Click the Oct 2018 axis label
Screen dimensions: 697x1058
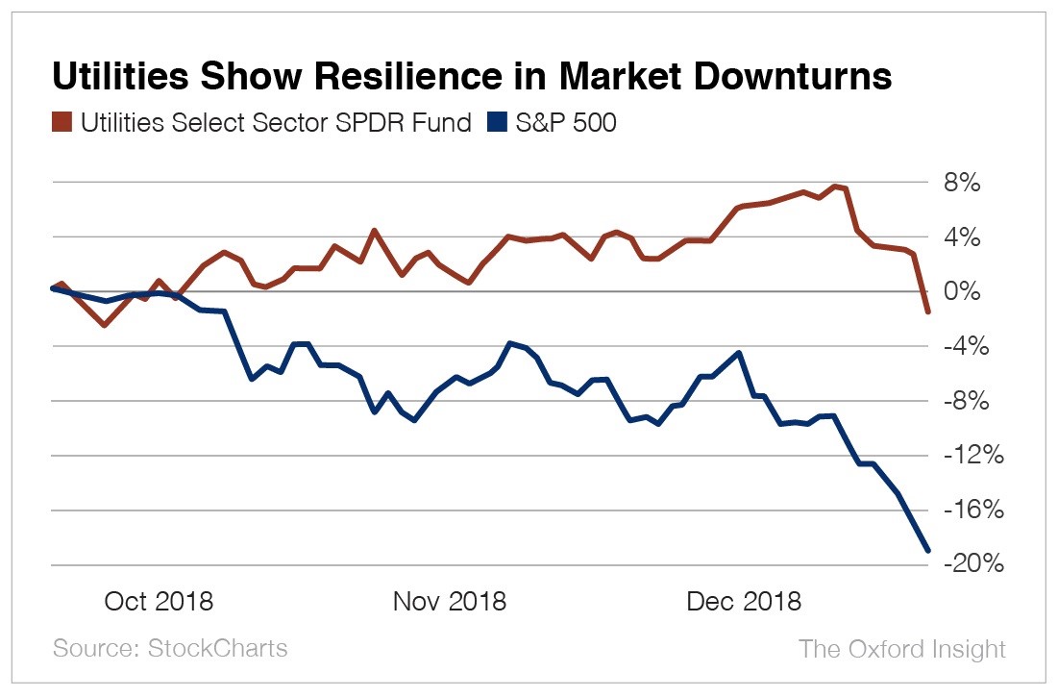(158, 602)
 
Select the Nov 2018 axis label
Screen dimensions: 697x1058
(449, 602)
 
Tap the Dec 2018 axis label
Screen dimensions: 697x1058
(744, 602)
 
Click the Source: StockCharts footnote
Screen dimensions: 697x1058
(170, 648)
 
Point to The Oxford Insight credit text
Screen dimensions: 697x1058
(901, 649)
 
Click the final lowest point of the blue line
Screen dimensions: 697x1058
(928, 551)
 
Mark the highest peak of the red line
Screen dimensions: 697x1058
(836, 186)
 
